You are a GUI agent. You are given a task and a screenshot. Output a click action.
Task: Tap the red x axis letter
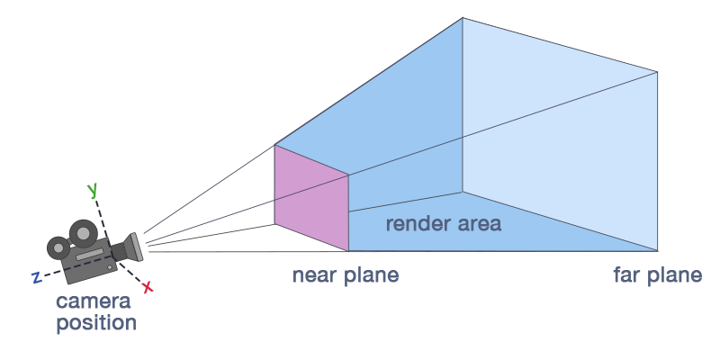coord(148,287)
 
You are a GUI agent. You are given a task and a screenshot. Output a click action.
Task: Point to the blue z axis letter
coord(37,278)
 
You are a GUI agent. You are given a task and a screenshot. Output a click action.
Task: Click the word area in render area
coord(477,223)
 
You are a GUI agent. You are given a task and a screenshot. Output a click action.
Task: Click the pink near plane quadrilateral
coord(311,198)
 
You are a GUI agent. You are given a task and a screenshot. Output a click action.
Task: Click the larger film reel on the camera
coord(82,233)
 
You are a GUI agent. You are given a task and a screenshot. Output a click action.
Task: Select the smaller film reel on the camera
coord(59,246)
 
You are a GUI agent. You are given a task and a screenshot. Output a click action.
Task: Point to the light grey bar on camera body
coord(89,256)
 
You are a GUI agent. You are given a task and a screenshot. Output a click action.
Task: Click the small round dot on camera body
coord(111,266)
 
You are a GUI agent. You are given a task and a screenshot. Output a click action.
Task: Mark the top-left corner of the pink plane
coord(275,145)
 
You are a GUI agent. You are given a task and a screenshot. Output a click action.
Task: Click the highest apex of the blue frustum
coord(463,18)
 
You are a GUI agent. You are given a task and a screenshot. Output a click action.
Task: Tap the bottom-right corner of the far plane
coord(658,251)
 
